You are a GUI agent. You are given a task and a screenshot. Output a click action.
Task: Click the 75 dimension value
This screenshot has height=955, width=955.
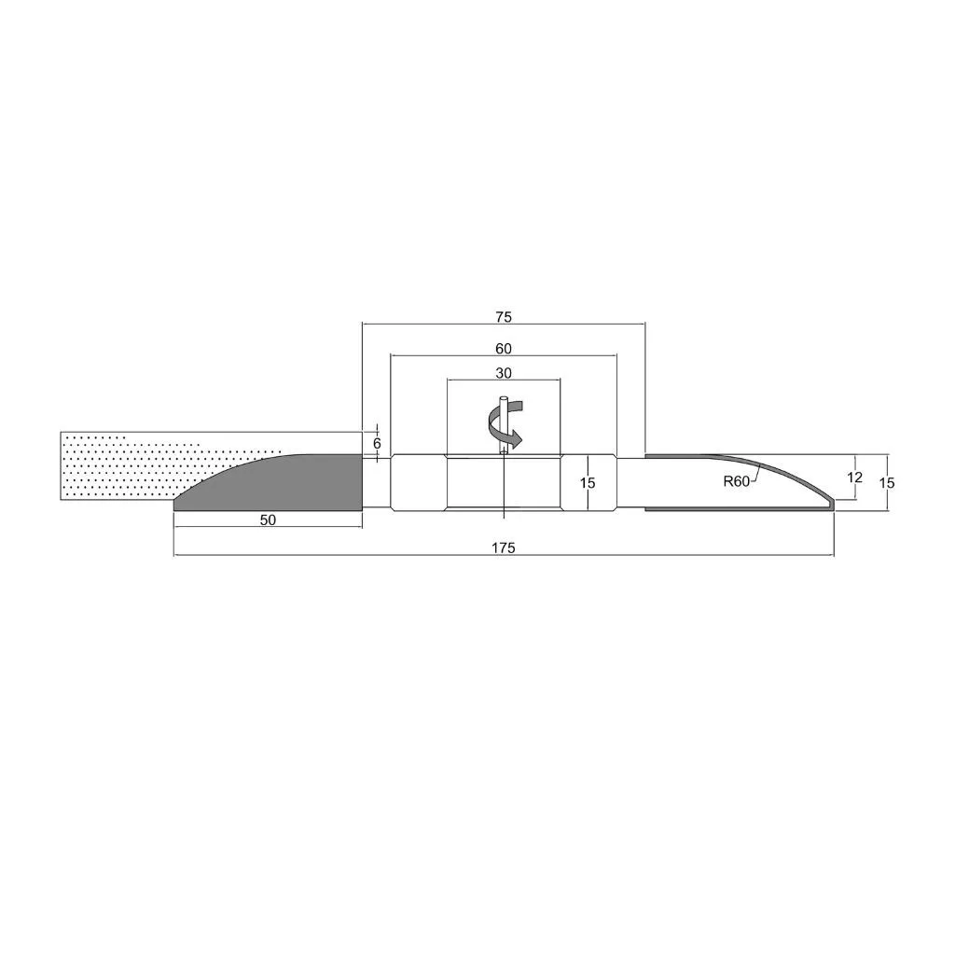pyautogui.click(x=504, y=317)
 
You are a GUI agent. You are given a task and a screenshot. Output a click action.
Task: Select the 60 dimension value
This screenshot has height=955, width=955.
pyautogui.click(x=504, y=349)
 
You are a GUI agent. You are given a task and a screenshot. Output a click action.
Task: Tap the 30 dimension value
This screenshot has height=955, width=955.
pyautogui.click(x=504, y=373)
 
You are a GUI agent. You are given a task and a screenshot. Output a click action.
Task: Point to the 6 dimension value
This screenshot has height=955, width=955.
pyautogui.click(x=377, y=443)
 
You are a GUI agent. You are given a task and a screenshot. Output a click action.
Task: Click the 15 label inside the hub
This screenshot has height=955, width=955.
pyautogui.click(x=588, y=483)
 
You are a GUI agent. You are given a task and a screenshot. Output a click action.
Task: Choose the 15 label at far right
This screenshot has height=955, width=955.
pyautogui.click(x=888, y=482)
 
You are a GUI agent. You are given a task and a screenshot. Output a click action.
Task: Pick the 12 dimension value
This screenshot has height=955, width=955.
pyautogui.click(x=855, y=477)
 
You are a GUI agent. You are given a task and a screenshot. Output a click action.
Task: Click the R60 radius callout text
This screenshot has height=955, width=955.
pyautogui.click(x=737, y=481)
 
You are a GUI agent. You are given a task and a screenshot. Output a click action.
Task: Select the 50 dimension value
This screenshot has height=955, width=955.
pyautogui.click(x=268, y=519)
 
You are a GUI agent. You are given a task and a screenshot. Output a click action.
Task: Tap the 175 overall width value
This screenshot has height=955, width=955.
pyautogui.click(x=504, y=547)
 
